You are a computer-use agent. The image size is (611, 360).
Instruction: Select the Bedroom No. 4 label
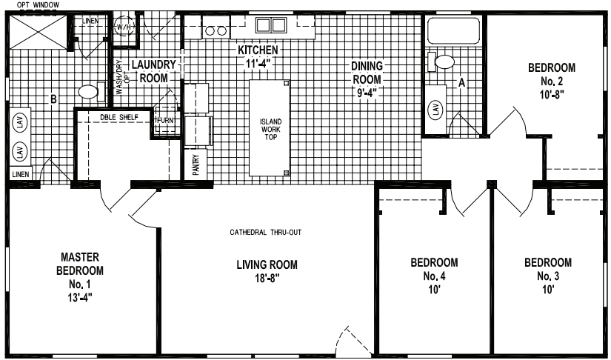click(434, 275)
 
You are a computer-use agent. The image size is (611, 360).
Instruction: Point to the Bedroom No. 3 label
click(548, 275)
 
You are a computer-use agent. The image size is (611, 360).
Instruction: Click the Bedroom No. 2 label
click(551, 81)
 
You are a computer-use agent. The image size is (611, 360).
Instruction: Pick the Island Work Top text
click(270, 130)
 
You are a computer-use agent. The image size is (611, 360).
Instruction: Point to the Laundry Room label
click(150, 70)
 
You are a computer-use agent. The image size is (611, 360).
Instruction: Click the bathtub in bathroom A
click(452, 32)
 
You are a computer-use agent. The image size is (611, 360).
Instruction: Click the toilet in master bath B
click(88, 93)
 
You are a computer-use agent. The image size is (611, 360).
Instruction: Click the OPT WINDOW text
click(27, 4)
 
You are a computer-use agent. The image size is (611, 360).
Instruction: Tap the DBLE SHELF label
click(118, 117)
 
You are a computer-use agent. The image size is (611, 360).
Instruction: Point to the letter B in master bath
click(53, 98)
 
